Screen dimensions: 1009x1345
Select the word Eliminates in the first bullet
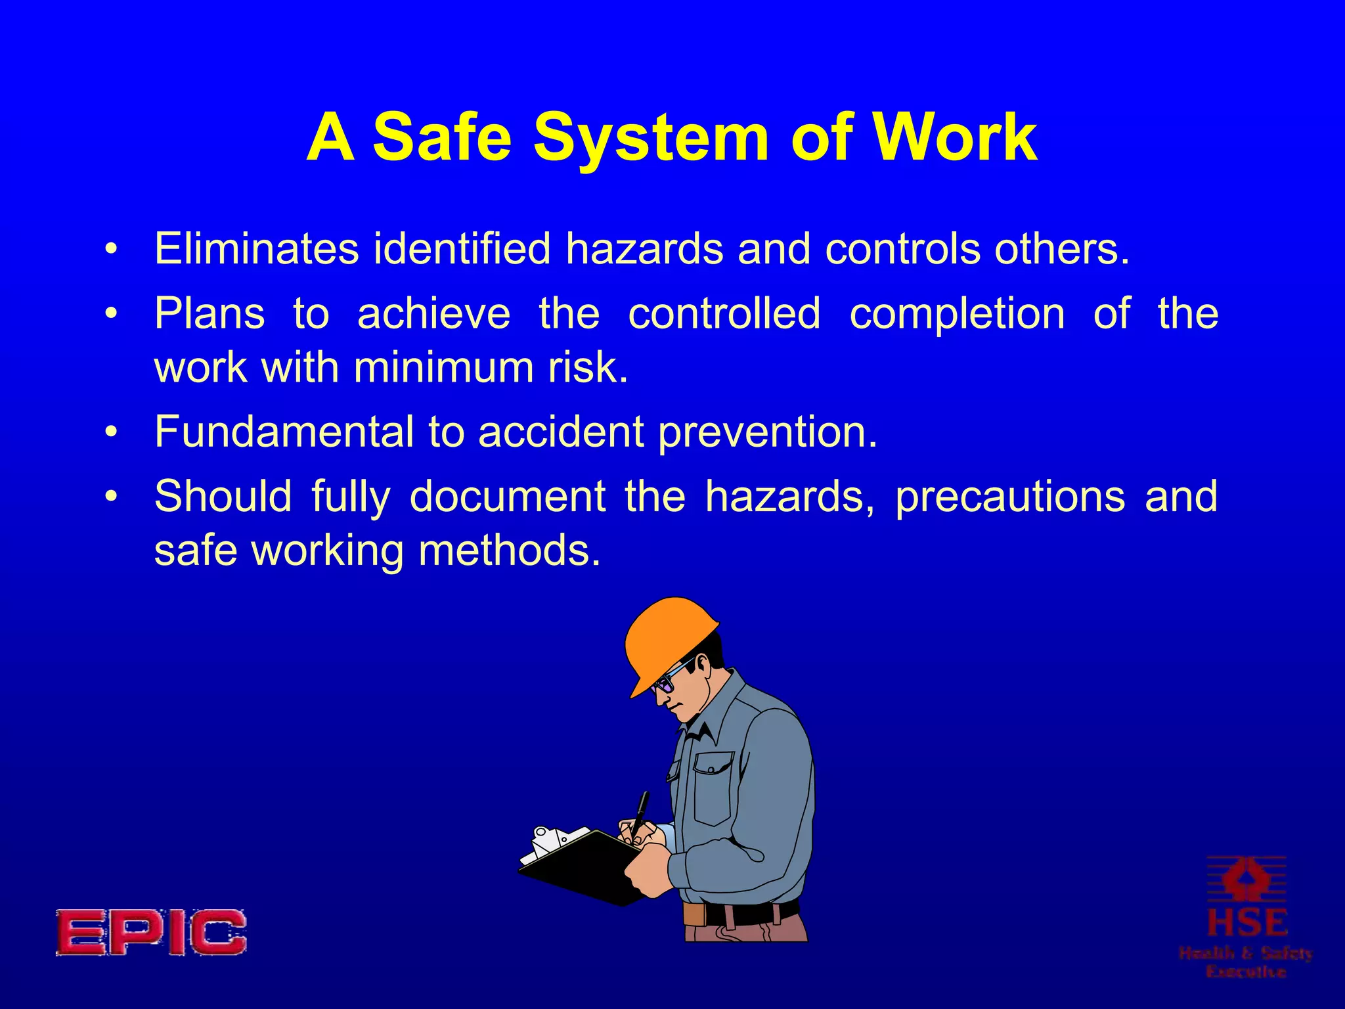coord(256,249)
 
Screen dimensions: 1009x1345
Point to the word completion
coord(957,313)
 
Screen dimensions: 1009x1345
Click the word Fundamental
coord(284,432)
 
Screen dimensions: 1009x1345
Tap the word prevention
coord(767,433)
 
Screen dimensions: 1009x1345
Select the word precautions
coord(1010,497)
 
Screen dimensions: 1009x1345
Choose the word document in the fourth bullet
coord(507,496)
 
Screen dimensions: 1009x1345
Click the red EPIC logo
coord(151,932)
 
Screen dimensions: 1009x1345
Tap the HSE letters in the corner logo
coord(1246,922)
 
